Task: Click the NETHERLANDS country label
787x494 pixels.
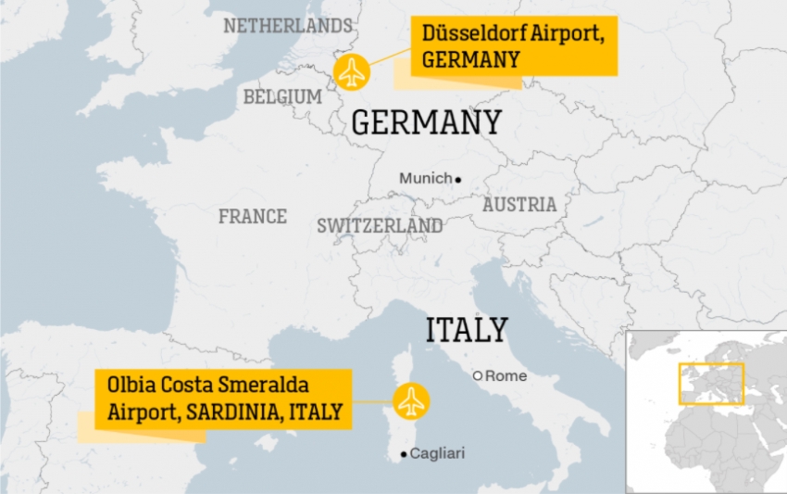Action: coord(288,25)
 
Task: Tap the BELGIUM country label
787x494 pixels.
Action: coord(282,96)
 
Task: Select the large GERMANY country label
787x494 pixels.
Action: coord(427,122)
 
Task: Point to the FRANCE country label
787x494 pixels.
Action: coord(253,216)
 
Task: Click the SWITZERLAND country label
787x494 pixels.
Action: coord(380,225)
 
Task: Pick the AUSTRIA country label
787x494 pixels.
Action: coord(519,204)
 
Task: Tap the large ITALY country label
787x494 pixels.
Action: coord(467,330)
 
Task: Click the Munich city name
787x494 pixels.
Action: coord(425,178)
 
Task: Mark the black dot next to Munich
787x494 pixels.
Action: coord(458,179)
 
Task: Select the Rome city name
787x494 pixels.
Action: coord(506,375)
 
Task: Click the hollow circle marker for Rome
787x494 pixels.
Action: coord(478,375)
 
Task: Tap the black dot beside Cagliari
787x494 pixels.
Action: coord(403,454)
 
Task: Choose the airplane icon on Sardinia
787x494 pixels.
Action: coord(411,401)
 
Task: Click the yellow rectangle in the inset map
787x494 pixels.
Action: coord(711,384)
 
